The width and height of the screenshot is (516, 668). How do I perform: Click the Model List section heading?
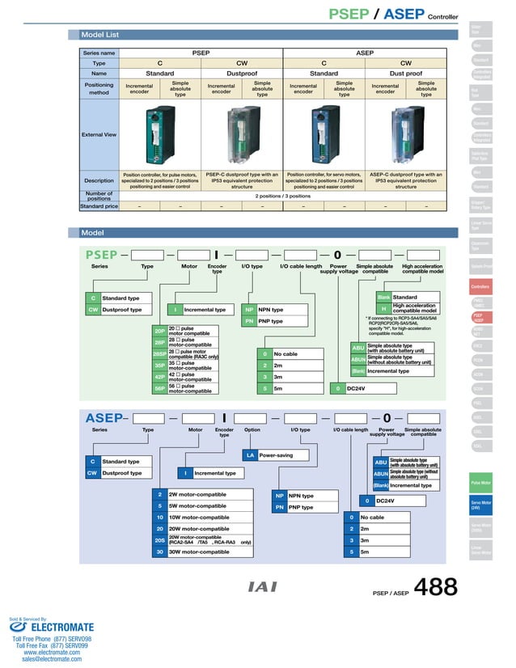point(100,35)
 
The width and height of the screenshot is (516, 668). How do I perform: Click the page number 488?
point(436,587)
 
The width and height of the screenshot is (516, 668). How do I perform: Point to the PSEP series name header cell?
point(201,53)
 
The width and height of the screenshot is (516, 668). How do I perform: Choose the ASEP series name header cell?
point(365,53)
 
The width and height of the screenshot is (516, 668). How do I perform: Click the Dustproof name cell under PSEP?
point(242,73)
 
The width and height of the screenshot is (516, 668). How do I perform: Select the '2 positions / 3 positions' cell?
point(282,196)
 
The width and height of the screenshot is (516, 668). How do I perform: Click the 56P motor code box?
point(159,388)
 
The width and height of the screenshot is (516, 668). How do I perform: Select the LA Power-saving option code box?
point(251,455)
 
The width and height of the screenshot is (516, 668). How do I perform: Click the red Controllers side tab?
point(480,286)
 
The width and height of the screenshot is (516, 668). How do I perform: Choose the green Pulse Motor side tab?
point(480,483)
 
